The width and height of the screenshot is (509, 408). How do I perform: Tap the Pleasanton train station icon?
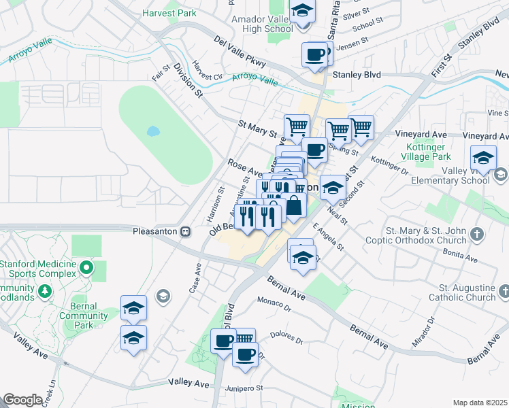[185, 231]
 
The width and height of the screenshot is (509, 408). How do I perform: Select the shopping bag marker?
[294, 205]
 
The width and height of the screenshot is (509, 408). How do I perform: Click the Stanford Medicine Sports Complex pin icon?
[86, 267]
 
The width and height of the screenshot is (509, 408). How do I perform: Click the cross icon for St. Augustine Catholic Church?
[504, 292]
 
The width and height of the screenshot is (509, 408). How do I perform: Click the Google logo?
[22, 400]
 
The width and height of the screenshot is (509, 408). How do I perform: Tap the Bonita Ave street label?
[460, 256]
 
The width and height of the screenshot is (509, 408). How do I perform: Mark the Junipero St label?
[245, 388]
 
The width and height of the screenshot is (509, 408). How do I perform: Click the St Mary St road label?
[258, 128]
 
